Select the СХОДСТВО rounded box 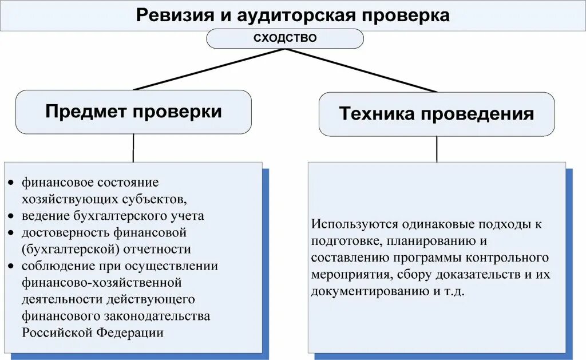[284, 38]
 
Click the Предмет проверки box [133, 112]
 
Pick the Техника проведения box [436, 114]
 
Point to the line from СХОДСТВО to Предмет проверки [209, 69]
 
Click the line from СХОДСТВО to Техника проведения [361, 70]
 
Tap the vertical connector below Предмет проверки [133, 148]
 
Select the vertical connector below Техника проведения [437, 149]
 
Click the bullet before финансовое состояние [12, 183]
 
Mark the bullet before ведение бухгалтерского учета [12, 216]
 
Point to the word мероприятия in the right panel [349, 274]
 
